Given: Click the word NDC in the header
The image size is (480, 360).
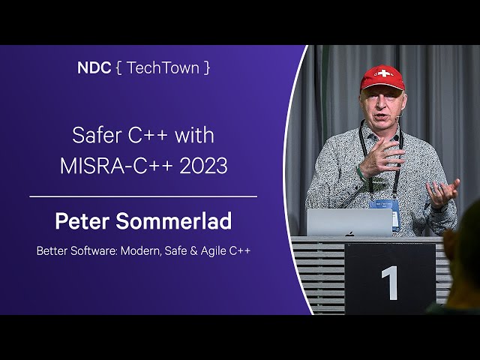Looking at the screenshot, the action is coord(94,67).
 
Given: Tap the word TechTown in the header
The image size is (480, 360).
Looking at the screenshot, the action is coord(163,67).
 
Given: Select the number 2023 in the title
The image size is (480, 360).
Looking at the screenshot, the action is coord(203,166).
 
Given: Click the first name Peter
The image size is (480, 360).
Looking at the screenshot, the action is coord(82,220).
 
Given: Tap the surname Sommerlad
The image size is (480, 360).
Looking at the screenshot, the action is coord(173,220).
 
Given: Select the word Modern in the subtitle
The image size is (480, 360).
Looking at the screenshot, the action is coord(140,251).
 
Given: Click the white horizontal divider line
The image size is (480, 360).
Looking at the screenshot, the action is coord(143,196).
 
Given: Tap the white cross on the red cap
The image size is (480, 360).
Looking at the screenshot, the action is coord(383,73).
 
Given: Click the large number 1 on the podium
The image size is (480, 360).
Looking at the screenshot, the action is coord(390,283).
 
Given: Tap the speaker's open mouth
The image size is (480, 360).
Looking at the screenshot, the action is coord(381,117).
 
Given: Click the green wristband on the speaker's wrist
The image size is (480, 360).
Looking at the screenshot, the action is coord(361,173).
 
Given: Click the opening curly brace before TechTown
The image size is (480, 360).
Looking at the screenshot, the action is coord(119,67).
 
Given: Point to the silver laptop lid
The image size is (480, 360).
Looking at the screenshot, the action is coord(349,223).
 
